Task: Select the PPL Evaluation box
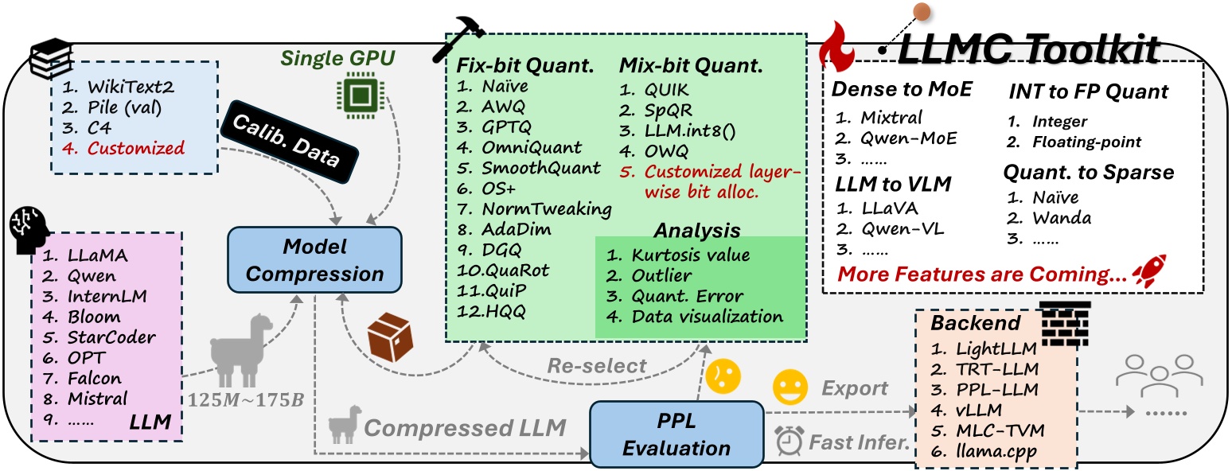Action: coord(675,434)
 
